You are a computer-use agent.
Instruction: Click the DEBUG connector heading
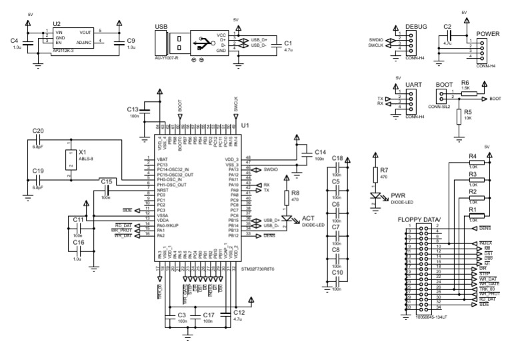coord(416,27)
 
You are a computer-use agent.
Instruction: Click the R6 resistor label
coord(465,82)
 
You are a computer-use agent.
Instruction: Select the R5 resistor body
coord(459,116)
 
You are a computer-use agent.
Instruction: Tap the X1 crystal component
coord(71,160)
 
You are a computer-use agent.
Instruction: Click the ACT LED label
coord(309,219)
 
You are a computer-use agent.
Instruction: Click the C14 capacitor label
coord(320,153)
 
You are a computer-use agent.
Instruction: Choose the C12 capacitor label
coord(239,312)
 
